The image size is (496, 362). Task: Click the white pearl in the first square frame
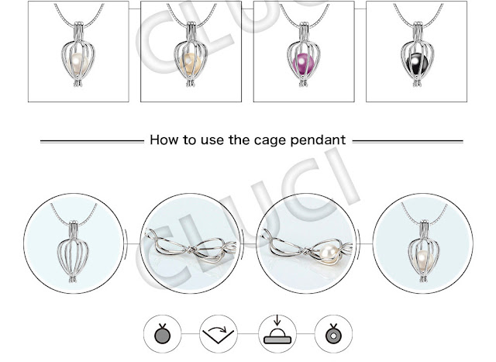pos(77,63)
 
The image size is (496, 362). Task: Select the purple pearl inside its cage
pos(303,64)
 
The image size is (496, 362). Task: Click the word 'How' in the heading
pos(164,140)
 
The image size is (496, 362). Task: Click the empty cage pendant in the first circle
pos(73,252)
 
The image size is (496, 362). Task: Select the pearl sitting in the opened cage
pos(329,253)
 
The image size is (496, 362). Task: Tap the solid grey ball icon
pos(163,335)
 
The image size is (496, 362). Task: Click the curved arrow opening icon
pos(219,334)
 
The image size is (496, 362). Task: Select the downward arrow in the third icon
pos(277,320)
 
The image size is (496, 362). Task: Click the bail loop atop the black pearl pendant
pos(418,31)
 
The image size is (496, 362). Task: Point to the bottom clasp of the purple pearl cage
pos(303,83)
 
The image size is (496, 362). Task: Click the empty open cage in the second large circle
pos(191,247)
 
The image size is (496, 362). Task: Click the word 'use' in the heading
pos(212,141)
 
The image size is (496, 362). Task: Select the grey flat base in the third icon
pos(277,340)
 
